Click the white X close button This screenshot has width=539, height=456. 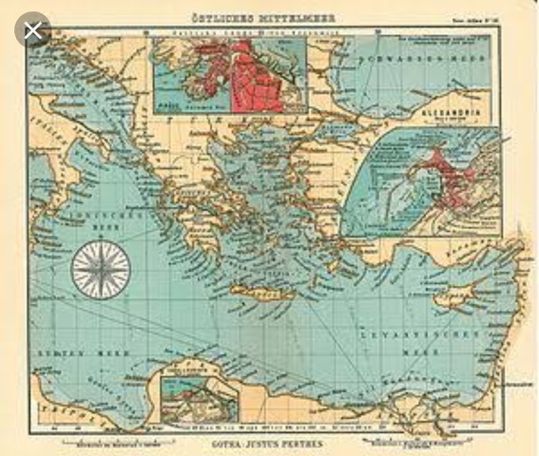[34, 30]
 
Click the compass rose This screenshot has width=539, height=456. [101, 269]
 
